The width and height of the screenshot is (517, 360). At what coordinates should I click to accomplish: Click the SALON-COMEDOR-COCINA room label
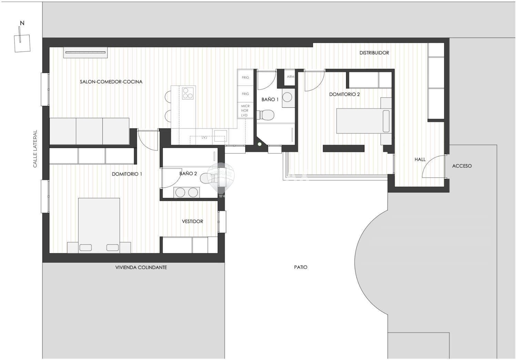[x=111, y=82]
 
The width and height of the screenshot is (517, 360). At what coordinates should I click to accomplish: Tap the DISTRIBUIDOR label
[x=374, y=53]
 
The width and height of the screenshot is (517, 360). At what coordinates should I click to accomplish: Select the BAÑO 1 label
[x=270, y=100]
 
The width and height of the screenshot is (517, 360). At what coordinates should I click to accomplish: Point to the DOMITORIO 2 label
[x=344, y=94]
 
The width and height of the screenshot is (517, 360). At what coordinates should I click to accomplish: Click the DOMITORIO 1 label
[x=127, y=174]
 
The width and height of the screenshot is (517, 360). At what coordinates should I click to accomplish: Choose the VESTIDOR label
[x=192, y=221]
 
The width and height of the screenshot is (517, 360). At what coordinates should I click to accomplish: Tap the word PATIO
[x=301, y=267]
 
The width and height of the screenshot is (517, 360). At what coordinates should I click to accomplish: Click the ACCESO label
[x=462, y=166]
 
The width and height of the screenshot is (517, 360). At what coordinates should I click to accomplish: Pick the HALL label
[x=420, y=159]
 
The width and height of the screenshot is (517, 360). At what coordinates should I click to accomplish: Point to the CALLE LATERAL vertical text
[x=35, y=149]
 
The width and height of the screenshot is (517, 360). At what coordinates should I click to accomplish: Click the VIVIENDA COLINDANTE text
[x=141, y=267]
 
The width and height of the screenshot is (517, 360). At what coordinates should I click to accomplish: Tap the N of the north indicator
[x=22, y=23]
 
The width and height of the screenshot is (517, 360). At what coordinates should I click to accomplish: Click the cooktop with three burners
[x=187, y=93]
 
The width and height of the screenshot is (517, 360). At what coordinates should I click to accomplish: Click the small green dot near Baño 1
[x=260, y=144]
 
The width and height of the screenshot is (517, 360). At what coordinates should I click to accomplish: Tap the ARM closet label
[x=291, y=77]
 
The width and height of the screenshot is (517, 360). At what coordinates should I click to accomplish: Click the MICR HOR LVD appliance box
[x=245, y=110]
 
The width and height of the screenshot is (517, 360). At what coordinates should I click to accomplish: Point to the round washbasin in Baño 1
[x=287, y=97]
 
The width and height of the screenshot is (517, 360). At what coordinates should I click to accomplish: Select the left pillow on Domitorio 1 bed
[x=85, y=248]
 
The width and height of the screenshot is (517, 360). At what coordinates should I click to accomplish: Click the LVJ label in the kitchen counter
[x=204, y=137]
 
